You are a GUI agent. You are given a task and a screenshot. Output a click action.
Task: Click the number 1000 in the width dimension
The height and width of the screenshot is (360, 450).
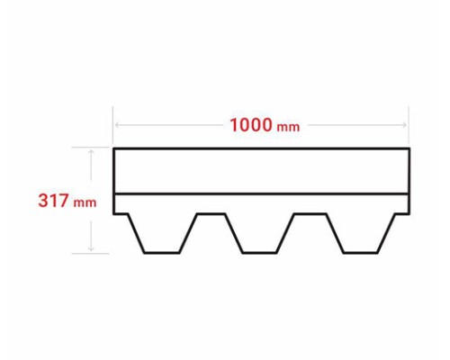[251, 125]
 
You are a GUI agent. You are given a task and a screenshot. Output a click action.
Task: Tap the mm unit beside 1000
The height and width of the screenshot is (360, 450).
[288, 127]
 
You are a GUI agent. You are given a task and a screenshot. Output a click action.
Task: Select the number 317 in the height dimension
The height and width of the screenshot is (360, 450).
[53, 201]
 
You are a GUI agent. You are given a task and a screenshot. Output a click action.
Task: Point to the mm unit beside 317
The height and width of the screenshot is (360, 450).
[85, 202]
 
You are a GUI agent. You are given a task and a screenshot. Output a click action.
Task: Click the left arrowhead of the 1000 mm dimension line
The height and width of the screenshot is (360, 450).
[117, 125]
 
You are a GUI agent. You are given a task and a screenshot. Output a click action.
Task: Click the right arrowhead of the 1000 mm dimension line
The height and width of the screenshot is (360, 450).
[404, 125]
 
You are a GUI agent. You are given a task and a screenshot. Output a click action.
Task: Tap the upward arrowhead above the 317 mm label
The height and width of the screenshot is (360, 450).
[92, 152]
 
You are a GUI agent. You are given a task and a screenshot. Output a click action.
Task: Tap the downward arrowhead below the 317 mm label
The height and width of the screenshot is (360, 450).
[92, 248]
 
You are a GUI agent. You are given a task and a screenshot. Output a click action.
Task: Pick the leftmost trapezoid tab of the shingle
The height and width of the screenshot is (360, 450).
[162, 233]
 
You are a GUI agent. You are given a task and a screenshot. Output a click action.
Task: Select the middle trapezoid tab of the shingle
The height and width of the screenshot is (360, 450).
[259, 233]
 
